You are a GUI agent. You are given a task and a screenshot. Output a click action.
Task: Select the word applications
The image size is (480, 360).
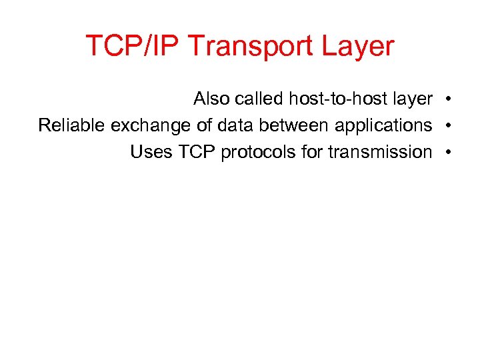pyautogui.click(x=383, y=126)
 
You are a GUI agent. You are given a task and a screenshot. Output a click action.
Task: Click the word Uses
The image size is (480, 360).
pyautogui.click(x=151, y=152)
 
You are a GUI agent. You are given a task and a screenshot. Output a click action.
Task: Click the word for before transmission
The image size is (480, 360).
pyautogui.click(x=312, y=152)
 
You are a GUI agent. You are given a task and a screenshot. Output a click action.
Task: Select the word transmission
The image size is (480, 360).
pyautogui.click(x=379, y=152)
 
